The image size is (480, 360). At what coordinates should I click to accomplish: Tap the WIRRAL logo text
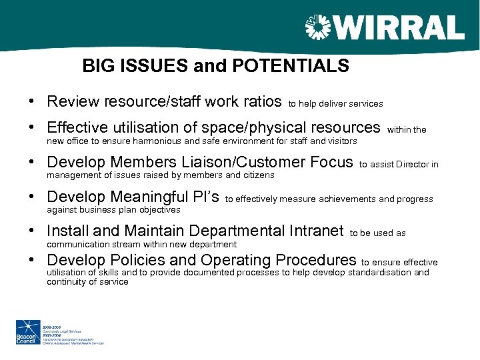(x=398, y=29)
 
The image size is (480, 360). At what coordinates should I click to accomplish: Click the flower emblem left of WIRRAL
(x=318, y=29)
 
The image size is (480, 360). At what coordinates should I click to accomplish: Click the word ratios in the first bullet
(x=260, y=102)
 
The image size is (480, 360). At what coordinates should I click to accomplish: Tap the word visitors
(x=341, y=141)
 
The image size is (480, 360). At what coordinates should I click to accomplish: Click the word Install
(x=67, y=231)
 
